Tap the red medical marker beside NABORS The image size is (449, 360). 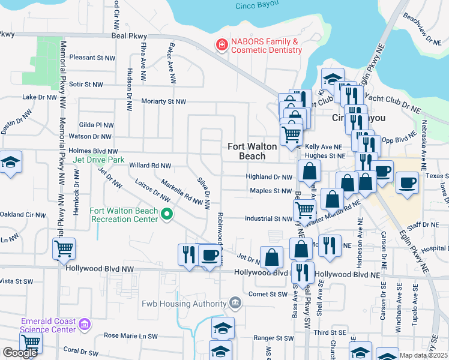point(221,45)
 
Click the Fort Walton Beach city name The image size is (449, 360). point(252,151)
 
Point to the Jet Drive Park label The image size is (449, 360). point(98,160)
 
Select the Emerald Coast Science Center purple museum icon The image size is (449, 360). point(85,325)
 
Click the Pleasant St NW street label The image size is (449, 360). point(92,58)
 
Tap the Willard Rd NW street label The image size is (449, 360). point(150,165)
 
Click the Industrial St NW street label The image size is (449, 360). point(268,218)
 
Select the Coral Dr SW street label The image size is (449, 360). point(80,349)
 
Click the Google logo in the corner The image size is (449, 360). point(20,353)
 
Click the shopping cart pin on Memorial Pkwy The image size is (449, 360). point(64,247)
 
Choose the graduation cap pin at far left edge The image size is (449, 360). point(10,162)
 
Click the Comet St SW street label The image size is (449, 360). point(269,294)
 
